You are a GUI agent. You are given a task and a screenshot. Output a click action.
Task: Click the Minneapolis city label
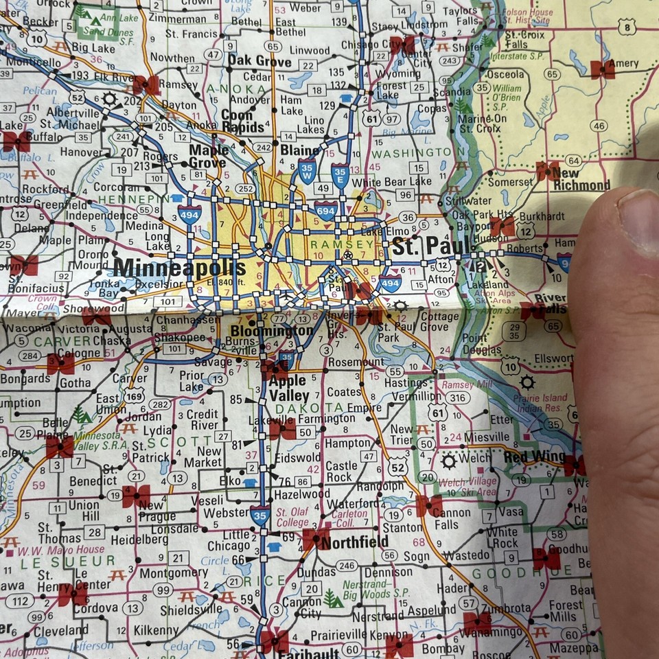click(180, 267)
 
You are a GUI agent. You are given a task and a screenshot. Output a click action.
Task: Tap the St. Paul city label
click(430, 245)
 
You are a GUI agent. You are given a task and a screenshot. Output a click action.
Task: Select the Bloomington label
click(270, 331)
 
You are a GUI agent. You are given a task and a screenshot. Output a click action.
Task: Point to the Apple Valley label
click(289, 389)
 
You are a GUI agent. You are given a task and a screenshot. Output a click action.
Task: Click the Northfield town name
click(355, 542)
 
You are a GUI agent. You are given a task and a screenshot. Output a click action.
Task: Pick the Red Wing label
click(534, 457)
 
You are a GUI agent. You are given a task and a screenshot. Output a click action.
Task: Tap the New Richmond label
click(581, 180)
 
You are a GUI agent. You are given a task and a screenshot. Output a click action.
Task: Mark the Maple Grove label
click(208, 157)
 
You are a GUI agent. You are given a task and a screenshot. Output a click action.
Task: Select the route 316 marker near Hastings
click(457, 398)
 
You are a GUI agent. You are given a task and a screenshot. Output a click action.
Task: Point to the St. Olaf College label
click(292, 517)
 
